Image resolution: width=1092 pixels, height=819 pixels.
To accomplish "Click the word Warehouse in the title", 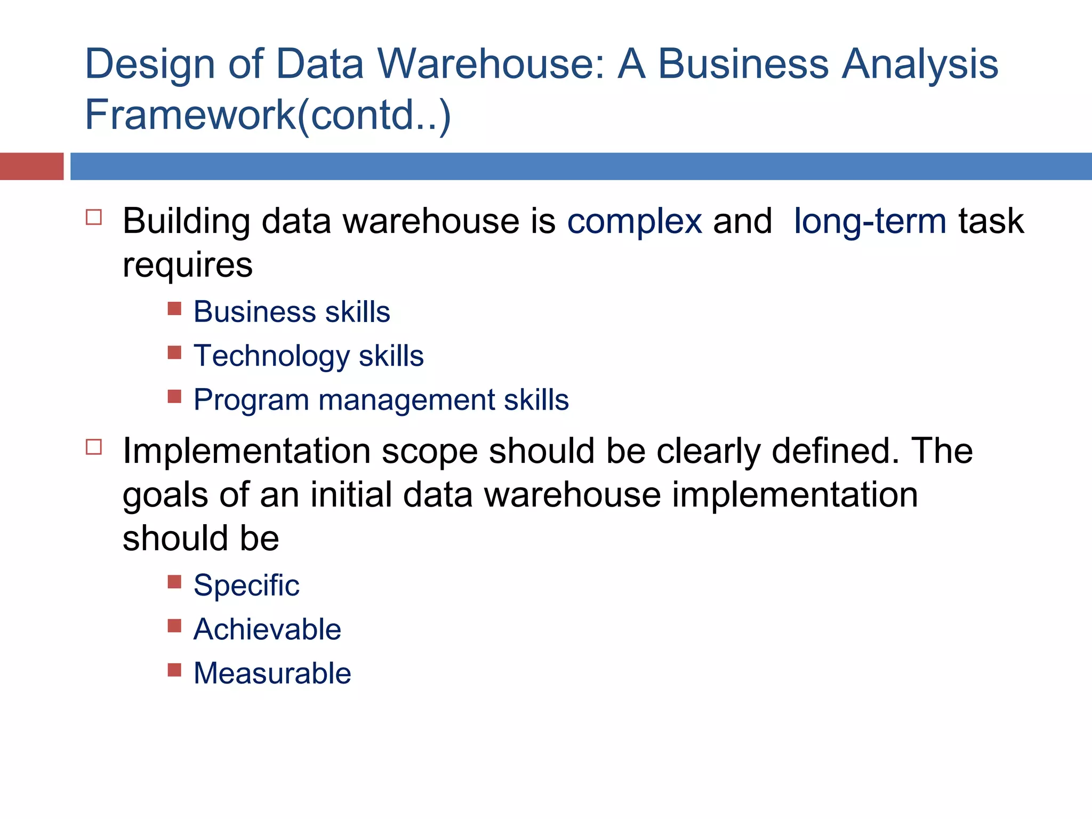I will pyautogui.click(x=491, y=64).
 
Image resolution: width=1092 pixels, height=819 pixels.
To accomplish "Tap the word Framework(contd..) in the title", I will pyautogui.click(x=268, y=115).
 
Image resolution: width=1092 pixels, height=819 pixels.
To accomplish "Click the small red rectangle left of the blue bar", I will pyautogui.click(x=31, y=166).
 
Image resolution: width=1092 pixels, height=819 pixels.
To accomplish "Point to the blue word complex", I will pyautogui.click(x=635, y=222).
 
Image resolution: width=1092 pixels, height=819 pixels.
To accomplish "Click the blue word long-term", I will pyautogui.click(x=870, y=222).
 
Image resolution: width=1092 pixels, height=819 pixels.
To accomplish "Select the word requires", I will pyautogui.click(x=188, y=266).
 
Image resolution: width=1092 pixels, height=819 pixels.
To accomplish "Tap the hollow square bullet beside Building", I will pyautogui.click(x=94, y=218).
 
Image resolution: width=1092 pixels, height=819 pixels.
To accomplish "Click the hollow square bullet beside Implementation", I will pyautogui.click(x=94, y=447).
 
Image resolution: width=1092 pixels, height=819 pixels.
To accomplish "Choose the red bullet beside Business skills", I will pyautogui.click(x=174, y=309).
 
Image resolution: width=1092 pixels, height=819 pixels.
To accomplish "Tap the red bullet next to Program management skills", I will pyautogui.click(x=174, y=396).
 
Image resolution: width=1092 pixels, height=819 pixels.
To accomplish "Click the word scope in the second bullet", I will pyautogui.click(x=429, y=451).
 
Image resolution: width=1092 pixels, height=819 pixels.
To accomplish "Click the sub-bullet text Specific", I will pyautogui.click(x=246, y=585).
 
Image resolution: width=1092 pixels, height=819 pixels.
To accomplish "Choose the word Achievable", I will pyautogui.click(x=267, y=629).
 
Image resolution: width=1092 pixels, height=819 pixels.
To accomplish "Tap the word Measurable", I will pyautogui.click(x=272, y=673).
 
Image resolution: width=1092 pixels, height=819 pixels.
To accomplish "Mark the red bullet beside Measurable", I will pyautogui.click(x=174, y=670).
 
